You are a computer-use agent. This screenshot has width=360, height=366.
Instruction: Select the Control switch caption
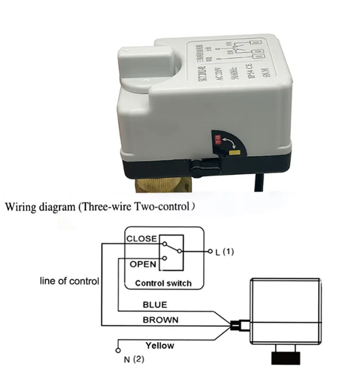coord(163,283)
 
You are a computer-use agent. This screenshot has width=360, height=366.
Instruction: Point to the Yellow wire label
coord(160,345)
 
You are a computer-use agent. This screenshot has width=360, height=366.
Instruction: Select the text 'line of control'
coord(70,281)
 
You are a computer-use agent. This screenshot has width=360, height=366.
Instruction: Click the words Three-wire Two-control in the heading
coord(134,206)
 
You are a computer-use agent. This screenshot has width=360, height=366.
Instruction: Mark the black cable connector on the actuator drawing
coord(237,326)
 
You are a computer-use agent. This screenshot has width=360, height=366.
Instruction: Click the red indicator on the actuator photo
coord(217,137)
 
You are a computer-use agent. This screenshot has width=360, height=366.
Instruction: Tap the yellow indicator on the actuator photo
coord(233,152)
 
